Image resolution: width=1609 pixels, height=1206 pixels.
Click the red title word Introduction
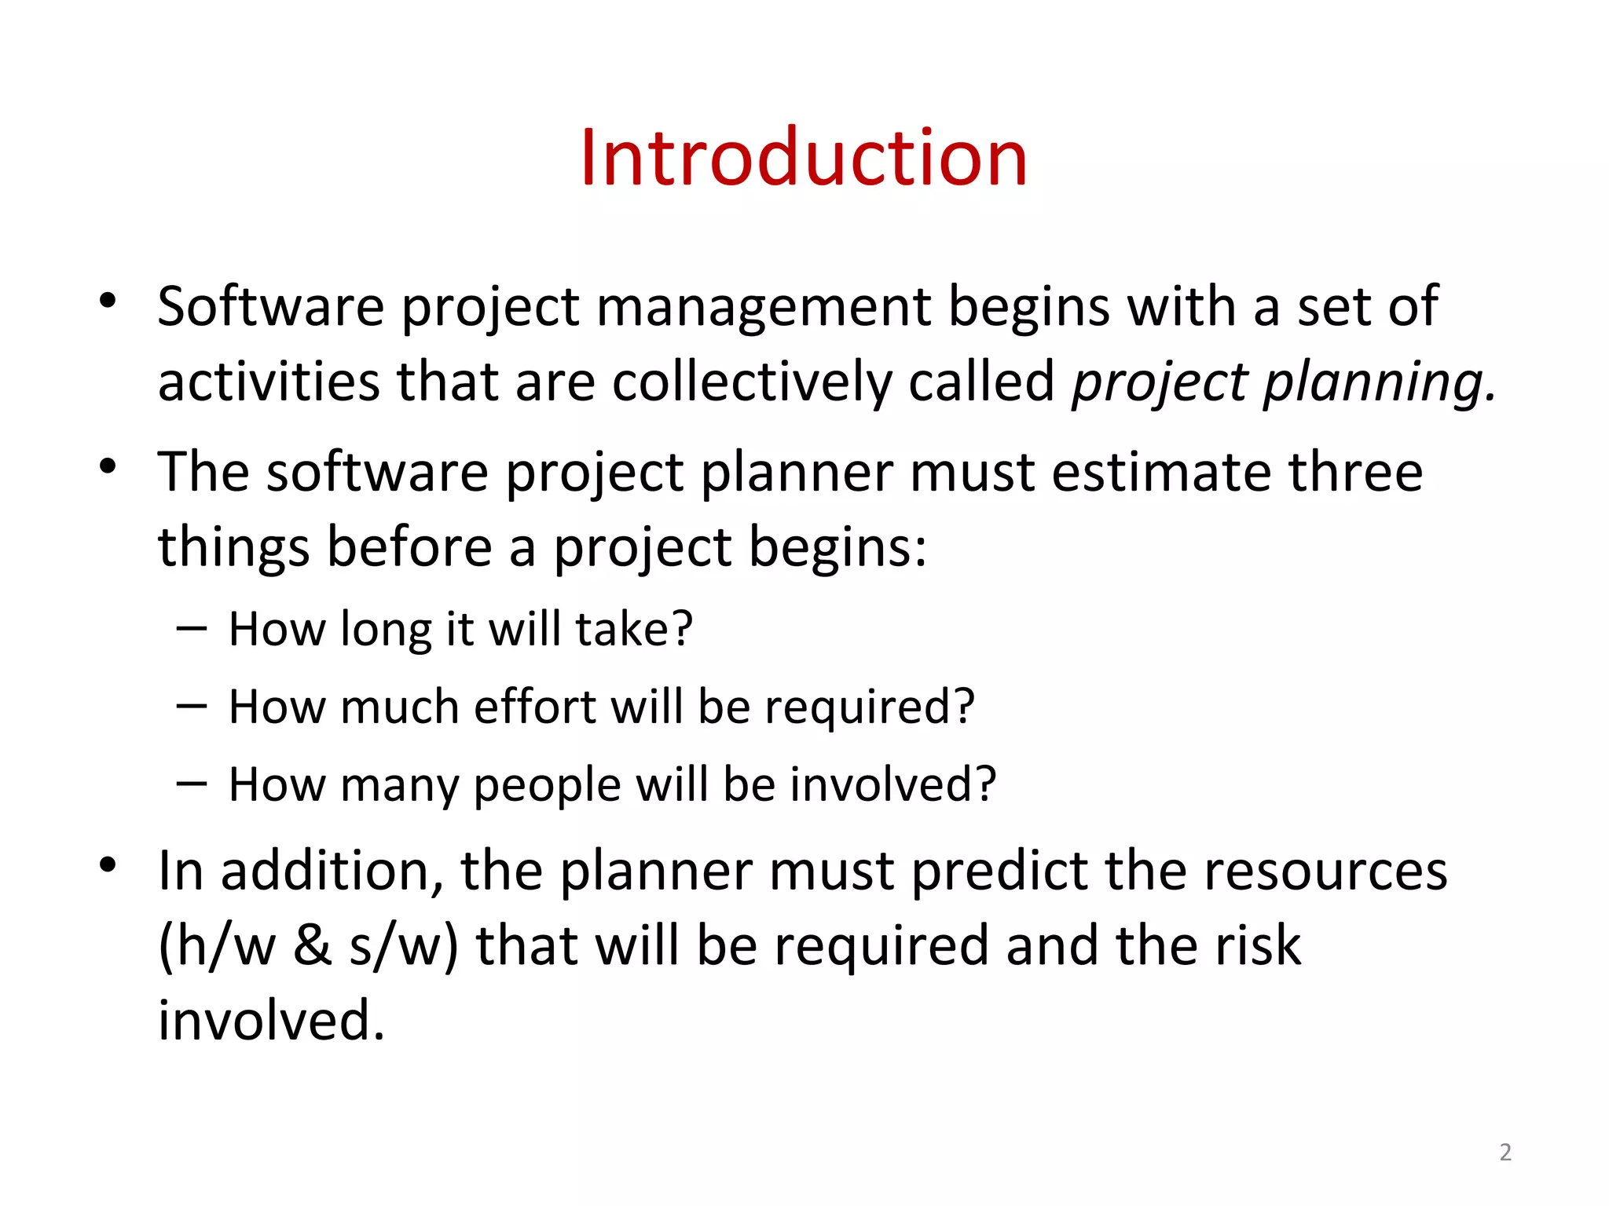point(803,159)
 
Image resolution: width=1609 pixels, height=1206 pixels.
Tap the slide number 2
point(1505,1152)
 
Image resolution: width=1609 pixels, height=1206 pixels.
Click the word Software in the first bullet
point(270,306)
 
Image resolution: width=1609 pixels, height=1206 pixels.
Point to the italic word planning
point(1378,383)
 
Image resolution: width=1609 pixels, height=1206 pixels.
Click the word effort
point(534,707)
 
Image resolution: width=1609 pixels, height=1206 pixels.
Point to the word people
point(547,786)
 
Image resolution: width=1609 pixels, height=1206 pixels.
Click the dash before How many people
point(192,783)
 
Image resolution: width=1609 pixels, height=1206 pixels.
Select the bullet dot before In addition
point(108,864)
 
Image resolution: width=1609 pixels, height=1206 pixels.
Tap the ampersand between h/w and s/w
point(312,945)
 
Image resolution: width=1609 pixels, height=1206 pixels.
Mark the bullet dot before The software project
point(108,466)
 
